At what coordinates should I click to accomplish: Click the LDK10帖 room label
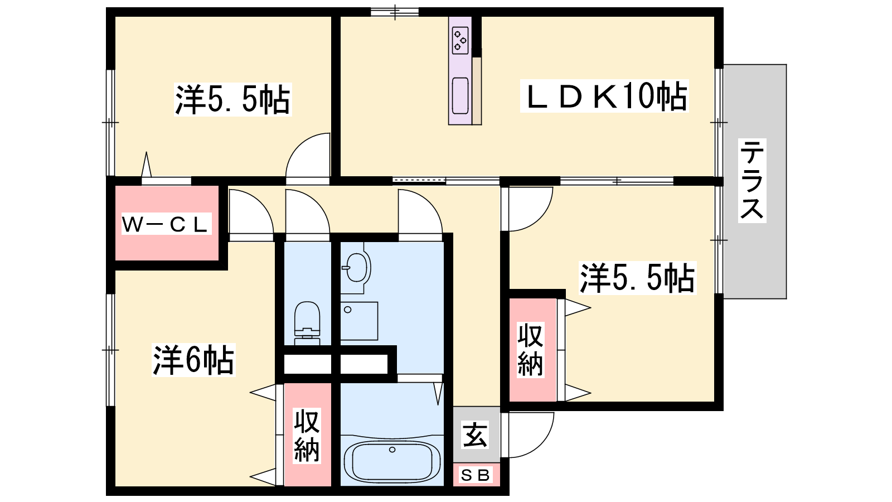pyautogui.click(x=604, y=96)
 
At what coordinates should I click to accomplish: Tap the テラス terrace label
pyautogui.click(x=752, y=180)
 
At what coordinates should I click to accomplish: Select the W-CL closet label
pyautogui.click(x=166, y=224)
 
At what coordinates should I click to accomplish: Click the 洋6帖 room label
pyautogui.click(x=193, y=360)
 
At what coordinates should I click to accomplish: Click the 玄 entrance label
pyautogui.click(x=475, y=435)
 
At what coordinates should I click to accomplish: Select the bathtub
pyautogui.click(x=392, y=460)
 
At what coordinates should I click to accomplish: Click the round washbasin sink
pyautogui.click(x=356, y=268)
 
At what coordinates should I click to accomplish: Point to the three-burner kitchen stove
pyautogui.click(x=460, y=40)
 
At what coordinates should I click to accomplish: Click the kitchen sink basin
pyautogui.click(x=460, y=95)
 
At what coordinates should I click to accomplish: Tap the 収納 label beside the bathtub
pyautogui.click(x=307, y=436)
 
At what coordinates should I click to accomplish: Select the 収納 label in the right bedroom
pyautogui.click(x=530, y=350)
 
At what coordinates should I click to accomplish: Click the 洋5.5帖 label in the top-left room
pyautogui.click(x=232, y=99)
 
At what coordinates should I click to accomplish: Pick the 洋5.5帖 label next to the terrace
pyautogui.click(x=637, y=278)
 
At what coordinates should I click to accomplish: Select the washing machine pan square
pyautogui.click(x=359, y=321)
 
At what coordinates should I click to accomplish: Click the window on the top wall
pyautogui.click(x=395, y=12)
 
